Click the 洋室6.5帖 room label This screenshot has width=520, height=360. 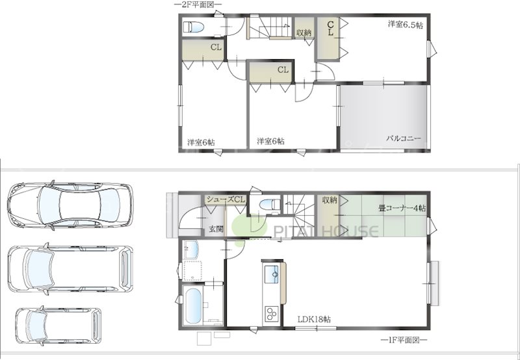point(406,25)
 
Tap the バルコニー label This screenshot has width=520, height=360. point(404,139)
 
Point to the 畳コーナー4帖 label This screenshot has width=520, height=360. point(402,209)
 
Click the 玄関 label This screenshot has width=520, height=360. point(216,229)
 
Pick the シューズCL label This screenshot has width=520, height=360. point(225,199)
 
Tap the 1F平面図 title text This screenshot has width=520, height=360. point(404,340)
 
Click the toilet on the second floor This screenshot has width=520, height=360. point(194,27)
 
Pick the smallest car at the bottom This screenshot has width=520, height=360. point(58,324)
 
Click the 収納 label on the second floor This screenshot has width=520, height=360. point(304,32)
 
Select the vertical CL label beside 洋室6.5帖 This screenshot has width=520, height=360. point(331,28)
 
